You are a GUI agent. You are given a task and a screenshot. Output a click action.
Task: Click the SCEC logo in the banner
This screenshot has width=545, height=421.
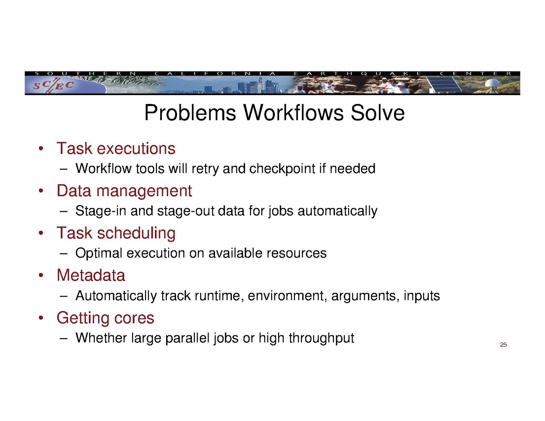[x=53, y=85]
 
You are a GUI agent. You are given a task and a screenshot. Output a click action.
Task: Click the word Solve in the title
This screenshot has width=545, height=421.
[x=377, y=113]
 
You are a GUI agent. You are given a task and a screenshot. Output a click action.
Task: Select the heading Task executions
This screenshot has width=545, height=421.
[x=116, y=149]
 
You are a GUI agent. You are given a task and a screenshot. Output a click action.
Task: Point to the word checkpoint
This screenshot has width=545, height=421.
[x=282, y=169]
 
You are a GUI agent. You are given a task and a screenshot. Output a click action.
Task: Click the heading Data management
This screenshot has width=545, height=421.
[x=124, y=191]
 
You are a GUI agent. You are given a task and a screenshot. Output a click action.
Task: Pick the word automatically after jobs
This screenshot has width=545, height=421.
[x=337, y=211]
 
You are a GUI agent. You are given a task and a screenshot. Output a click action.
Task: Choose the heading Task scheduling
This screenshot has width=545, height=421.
[x=116, y=233]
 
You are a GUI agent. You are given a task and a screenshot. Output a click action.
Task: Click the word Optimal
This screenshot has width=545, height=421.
[x=99, y=253]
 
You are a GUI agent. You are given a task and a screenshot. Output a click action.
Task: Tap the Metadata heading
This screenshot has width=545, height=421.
[x=91, y=276]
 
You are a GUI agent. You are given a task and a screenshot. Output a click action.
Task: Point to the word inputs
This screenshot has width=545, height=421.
[x=421, y=296]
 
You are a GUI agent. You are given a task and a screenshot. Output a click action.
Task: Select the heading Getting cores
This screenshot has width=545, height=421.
[x=105, y=318]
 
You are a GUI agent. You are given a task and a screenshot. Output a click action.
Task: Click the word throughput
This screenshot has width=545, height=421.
[x=321, y=338]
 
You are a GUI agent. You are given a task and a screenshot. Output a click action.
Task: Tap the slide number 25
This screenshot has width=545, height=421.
[x=503, y=345]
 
